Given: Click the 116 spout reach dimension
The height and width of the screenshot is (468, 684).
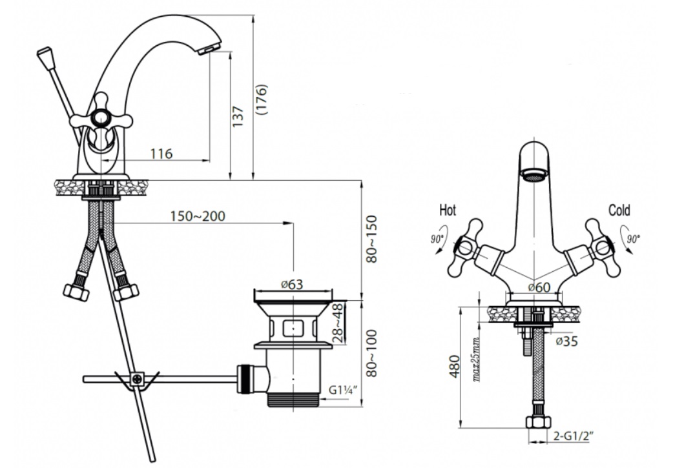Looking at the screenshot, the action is (x=161, y=154).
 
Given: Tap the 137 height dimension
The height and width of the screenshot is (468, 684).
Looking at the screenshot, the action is (x=237, y=116).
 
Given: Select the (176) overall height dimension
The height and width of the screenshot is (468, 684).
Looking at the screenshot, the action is (x=262, y=99).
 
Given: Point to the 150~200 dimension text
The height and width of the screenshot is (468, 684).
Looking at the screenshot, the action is (x=198, y=216).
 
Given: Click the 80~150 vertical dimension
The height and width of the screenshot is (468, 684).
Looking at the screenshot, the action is (x=371, y=239).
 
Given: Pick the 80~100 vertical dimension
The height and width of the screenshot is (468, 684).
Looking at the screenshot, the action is (x=371, y=353).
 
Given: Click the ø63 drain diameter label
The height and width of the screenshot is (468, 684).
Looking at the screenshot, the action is (x=292, y=285).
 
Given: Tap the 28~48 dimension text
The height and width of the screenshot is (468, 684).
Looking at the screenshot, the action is (x=338, y=323).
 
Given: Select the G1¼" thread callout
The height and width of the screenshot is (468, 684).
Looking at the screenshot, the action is (x=343, y=389).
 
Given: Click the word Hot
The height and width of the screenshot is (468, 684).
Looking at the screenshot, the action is (x=448, y=210).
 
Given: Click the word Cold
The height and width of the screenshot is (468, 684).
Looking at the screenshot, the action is (x=619, y=210).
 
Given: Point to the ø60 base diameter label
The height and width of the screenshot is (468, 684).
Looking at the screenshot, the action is (x=539, y=287).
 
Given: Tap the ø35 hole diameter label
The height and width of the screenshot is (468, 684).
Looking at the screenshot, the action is (x=567, y=341).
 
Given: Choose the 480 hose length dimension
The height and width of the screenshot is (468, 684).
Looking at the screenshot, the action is (x=455, y=367).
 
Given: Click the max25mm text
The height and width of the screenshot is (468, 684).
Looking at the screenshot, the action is (x=476, y=360).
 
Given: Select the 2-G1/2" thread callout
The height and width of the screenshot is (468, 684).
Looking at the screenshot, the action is (x=574, y=435).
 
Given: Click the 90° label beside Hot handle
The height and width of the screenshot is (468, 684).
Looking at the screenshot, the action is (x=437, y=239).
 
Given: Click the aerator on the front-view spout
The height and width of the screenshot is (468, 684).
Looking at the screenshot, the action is (x=534, y=176).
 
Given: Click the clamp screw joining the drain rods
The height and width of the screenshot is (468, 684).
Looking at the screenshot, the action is (x=138, y=379).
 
